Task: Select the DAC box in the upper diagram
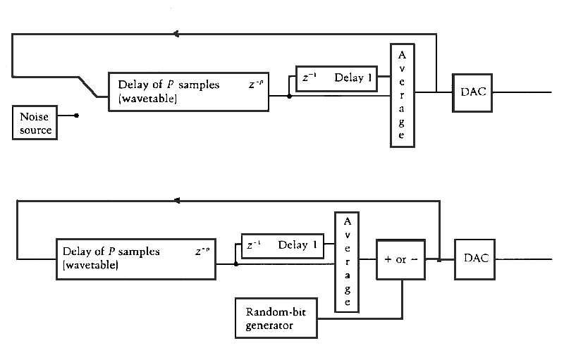click(471, 92)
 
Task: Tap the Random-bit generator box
click(275, 318)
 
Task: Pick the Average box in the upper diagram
click(402, 95)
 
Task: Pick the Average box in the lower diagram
click(347, 261)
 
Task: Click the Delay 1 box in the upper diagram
click(336, 78)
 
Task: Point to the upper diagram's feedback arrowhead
click(177, 33)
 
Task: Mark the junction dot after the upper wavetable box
click(289, 96)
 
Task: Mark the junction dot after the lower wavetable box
click(235, 263)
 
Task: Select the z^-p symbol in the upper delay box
click(255, 85)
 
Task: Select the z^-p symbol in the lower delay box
click(202, 251)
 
